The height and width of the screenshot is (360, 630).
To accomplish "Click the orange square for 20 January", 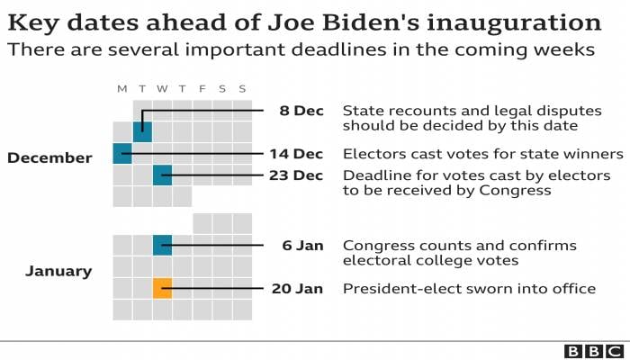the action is [162, 289].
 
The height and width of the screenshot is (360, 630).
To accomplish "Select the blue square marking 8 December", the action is [142, 131].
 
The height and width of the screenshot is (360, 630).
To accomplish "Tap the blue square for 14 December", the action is [122, 154].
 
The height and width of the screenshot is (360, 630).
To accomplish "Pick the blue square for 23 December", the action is [162, 175].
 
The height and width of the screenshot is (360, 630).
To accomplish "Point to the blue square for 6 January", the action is [162, 245].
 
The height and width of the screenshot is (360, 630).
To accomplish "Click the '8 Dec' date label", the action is [301, 111].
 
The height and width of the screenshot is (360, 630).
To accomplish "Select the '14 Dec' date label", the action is [296, 154].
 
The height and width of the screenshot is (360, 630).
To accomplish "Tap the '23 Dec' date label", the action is [296, 175].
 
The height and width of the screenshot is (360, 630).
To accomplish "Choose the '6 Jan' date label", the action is [302, 245].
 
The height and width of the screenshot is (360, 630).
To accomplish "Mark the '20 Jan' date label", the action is [297, 289].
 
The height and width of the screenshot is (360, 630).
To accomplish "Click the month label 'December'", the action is [49, 157].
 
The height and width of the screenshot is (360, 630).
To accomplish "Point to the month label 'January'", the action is [58, 271].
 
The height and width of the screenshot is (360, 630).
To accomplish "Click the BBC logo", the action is [594, 351].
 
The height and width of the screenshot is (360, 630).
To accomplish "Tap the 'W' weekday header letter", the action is [162, 89].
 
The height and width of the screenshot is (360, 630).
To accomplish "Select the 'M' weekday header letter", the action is [122, 89].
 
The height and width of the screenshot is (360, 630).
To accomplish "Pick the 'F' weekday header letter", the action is [202, 89].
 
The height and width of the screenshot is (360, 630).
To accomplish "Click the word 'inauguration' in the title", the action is [514, 23].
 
